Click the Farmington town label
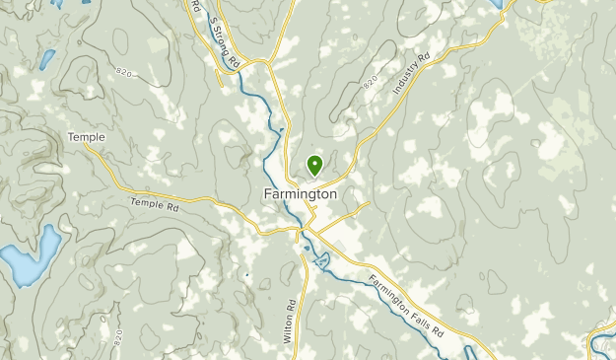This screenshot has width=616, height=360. [301, 194]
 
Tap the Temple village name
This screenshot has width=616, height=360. [87, 137]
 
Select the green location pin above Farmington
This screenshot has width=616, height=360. [315, 165]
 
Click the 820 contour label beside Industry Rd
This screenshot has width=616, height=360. [370, 86]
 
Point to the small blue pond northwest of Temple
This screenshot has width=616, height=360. [45, 61]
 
